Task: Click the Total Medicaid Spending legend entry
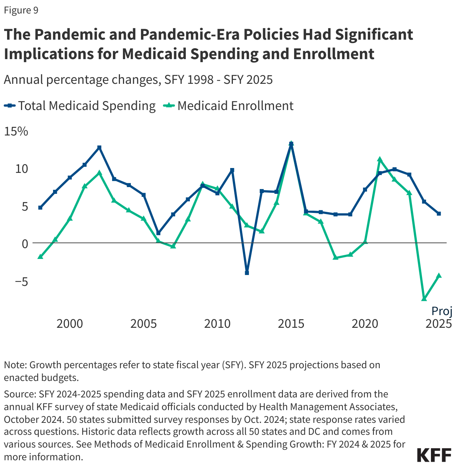(80, 106)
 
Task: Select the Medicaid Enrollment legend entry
(229, 106)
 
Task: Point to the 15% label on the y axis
(16, 131)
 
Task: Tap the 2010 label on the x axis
(217, 323)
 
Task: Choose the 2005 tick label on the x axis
(144, 323)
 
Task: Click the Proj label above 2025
(442, 311)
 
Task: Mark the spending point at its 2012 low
(247, 273)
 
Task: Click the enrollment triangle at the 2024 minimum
(424, 299)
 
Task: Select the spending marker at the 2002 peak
(99, 147)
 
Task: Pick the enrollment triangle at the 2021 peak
(380, 159)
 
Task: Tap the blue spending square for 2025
(439, 214)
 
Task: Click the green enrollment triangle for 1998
(40, 257)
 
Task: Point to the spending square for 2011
(232, 170)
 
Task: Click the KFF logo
(434, 455)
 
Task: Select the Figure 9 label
(21, 10)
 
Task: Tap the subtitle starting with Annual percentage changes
(138, 80)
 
